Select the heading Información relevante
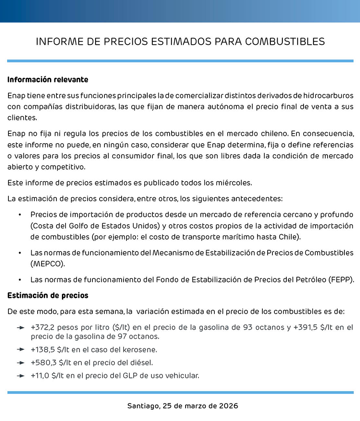(48, 80)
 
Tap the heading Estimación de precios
(48, 295)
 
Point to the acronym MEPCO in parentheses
(47, 264)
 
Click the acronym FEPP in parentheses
(340, 279)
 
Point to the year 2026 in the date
(228, 406)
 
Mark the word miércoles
(234, 183)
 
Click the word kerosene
(141, 350)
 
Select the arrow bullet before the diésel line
(21, 363)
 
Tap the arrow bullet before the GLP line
(21, 376)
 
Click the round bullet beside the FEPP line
(20, 279)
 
